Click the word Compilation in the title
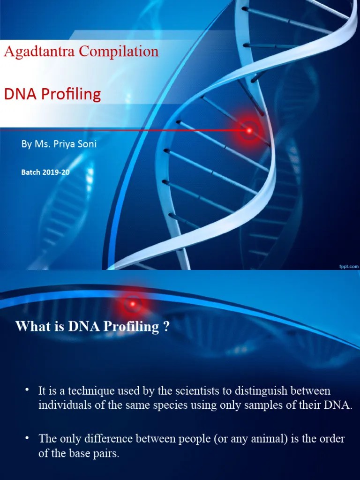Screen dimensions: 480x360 119,51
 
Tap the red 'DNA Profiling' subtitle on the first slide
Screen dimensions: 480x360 52,94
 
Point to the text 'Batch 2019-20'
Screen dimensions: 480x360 45,172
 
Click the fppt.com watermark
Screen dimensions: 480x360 348,266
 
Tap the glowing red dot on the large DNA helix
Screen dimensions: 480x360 249,130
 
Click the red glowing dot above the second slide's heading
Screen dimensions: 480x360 133,304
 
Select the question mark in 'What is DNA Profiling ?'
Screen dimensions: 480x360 166,327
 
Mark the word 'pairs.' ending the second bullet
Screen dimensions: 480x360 107,454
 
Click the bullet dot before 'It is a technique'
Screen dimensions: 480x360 28,390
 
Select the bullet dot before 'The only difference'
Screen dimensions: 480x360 28,438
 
